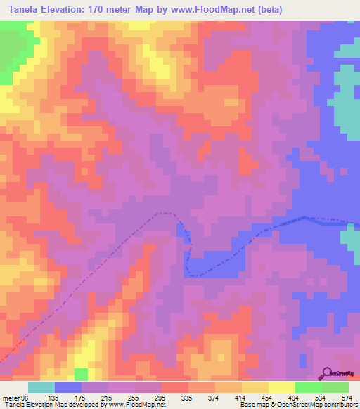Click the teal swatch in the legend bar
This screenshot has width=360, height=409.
pos(41,387)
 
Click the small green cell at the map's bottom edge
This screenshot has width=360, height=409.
pos(82,373)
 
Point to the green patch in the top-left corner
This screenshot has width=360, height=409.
pos(11,53)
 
